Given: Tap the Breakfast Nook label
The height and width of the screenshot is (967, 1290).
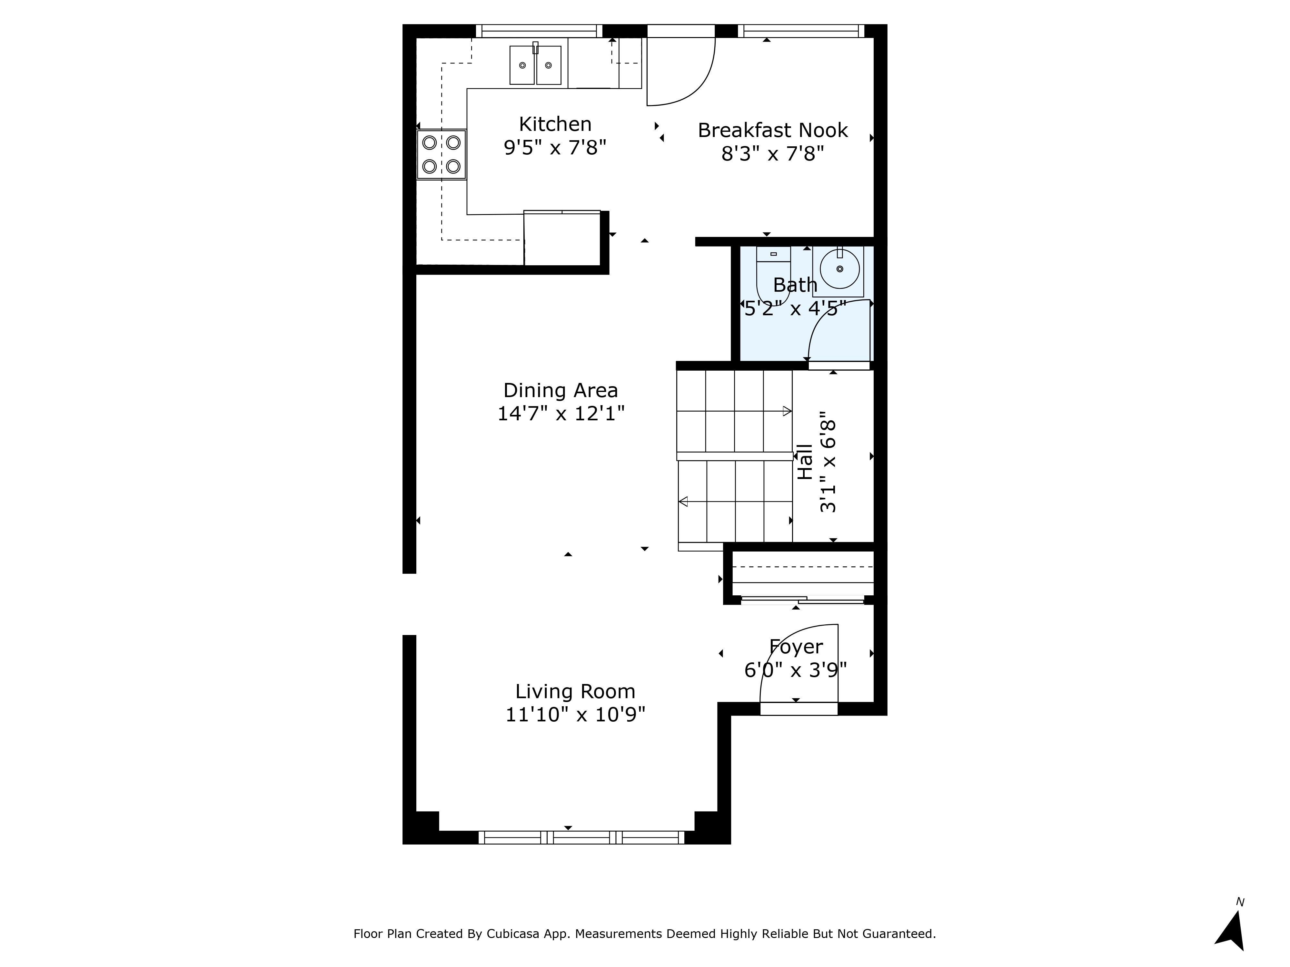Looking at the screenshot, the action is [773, 130].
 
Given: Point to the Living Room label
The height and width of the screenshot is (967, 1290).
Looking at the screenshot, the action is [575, 691].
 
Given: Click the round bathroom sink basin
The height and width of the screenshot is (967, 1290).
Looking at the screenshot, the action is [840, 269].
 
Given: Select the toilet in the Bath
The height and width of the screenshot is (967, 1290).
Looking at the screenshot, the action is [773, 274].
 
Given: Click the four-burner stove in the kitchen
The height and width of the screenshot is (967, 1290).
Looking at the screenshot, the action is [442, 154].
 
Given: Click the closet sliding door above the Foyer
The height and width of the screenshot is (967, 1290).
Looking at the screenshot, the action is [802, 599].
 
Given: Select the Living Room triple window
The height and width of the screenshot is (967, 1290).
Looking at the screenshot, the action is [581, 838].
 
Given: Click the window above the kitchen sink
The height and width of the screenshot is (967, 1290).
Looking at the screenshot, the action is [539, 31].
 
